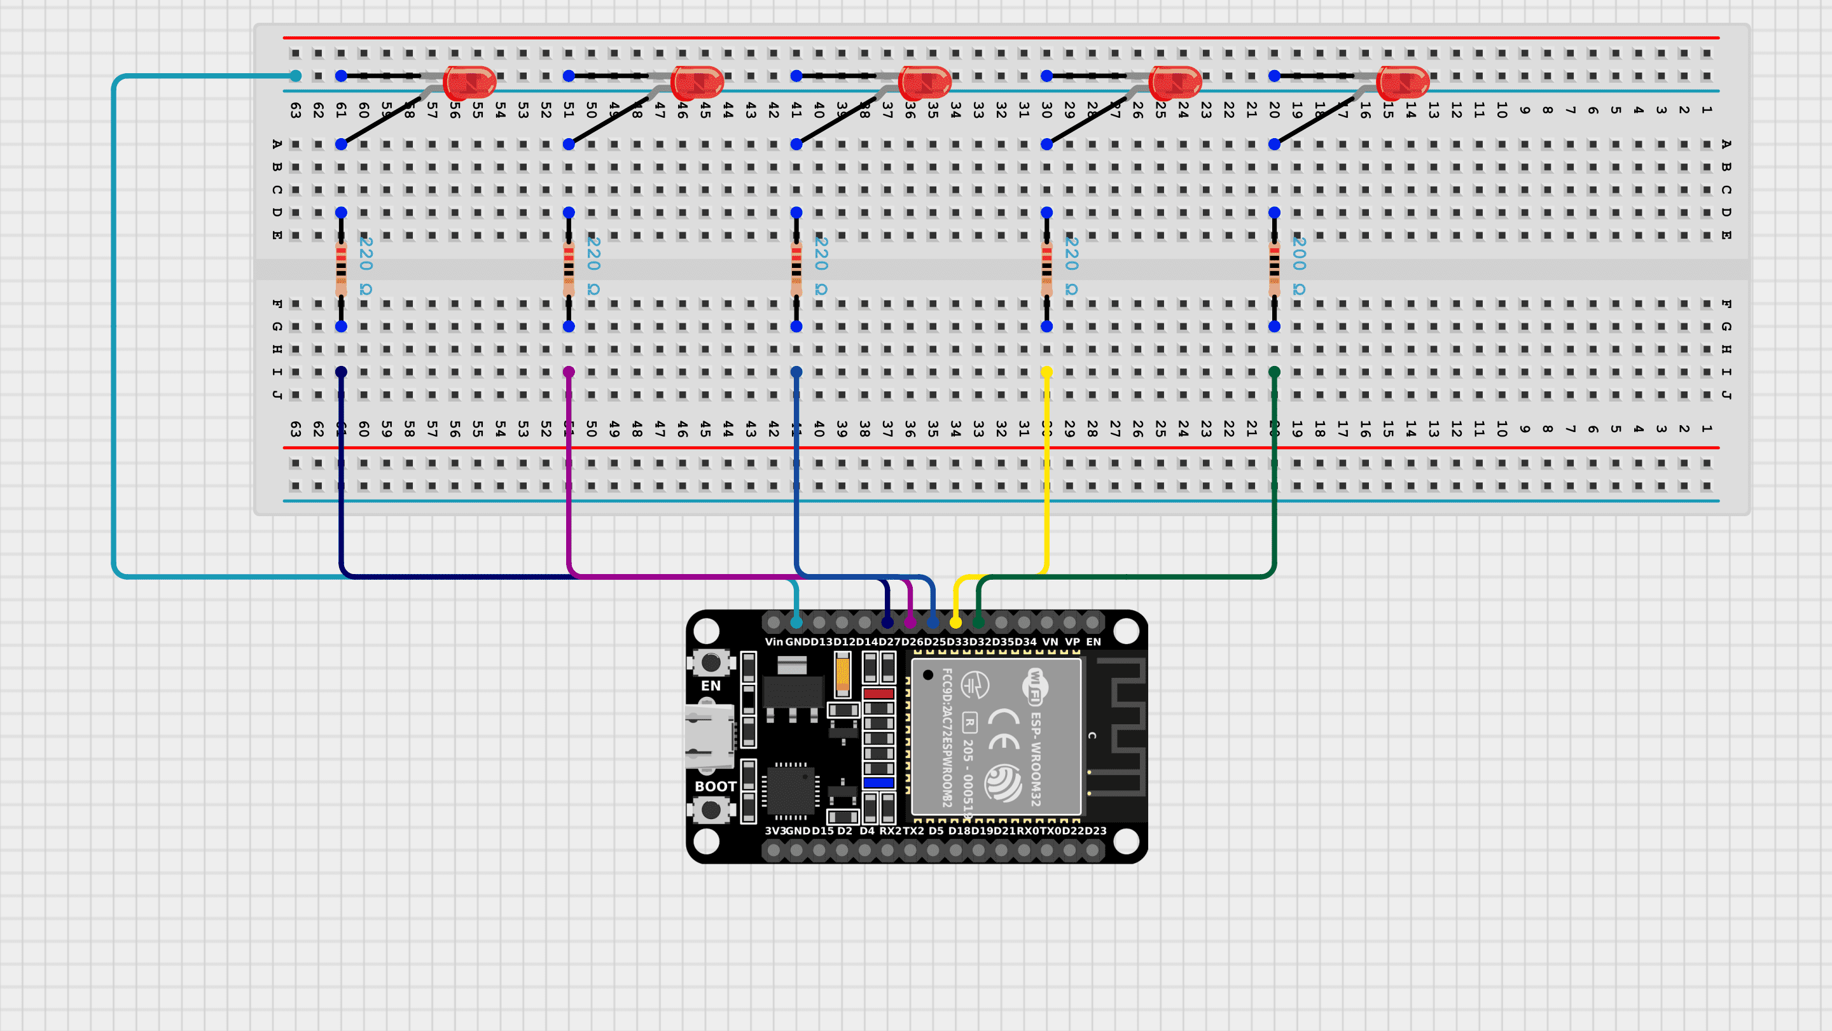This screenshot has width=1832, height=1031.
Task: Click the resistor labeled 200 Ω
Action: click(1273, 269)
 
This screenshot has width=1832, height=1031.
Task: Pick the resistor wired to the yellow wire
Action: click(1046, 269)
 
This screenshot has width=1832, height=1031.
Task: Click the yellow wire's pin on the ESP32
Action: click(955, 622)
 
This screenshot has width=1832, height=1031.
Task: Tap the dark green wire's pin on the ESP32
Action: click(978, 622)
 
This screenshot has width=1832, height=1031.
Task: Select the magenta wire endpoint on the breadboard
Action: click(568, 372)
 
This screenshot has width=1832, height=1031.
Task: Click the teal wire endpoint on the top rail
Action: click(295, 76)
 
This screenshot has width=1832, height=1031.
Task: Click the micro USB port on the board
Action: click(707, 736)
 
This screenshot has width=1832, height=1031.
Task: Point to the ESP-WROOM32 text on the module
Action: click(1036, 759)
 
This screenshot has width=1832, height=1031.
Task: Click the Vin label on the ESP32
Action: click(773, 642)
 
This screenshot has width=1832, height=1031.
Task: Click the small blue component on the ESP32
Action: click(878, 783)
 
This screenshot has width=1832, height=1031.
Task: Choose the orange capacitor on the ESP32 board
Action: click(842, 673)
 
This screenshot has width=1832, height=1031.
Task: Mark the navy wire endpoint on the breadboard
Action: click(341, 372)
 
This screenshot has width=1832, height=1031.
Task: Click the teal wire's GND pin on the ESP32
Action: click(796, 622)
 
